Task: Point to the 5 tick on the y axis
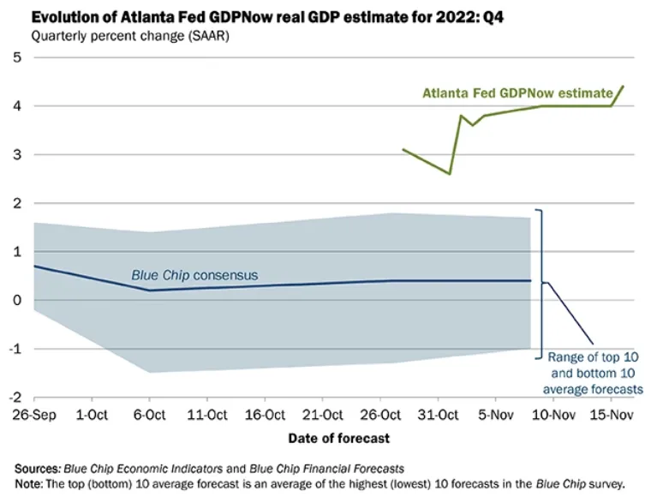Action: pyautogui.click(x=16, y=57)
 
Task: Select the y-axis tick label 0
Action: pyautogui.click(x=16, y=300)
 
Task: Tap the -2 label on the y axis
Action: pyautogui.click(x=15, y=398)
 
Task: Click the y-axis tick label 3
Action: pyautogui.click(x=16, y=155)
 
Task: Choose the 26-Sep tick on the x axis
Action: pyautogui.click(x=34, y=416)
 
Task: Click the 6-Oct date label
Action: pyautogui.click(x=149, y=416)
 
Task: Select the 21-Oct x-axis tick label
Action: pyautogui.click(x=322, y=416)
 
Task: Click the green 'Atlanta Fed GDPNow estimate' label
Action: pyautogui.click(x=517, y=93)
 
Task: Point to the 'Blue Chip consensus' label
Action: pyautogui.click(x=194, y=275)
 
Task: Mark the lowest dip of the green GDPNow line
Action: pyautogui.click(x=449, y=174)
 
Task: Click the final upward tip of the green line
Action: pyautogui.click(x=623, y=86)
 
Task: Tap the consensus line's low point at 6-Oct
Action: pyautogui.click(x=150, y=290)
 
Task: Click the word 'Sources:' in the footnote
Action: pyautogui.click(x=37, y=470)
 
